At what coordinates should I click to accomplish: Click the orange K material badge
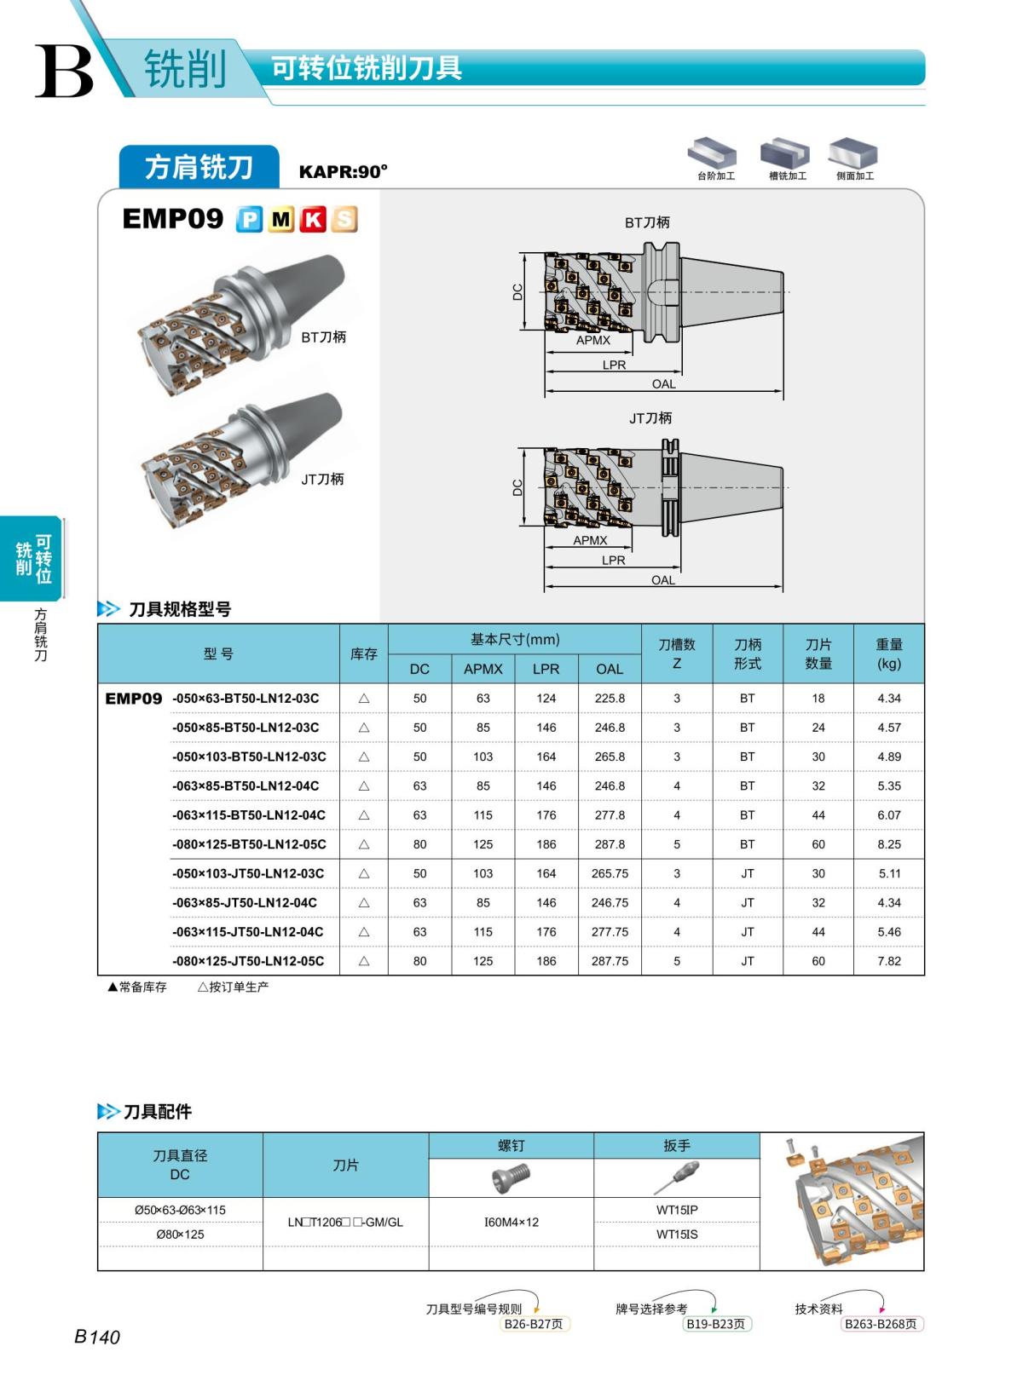click(x=313, y=220)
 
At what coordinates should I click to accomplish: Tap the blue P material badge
click(x=249, y=220)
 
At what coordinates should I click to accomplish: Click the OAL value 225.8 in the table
click(x=610, y=698)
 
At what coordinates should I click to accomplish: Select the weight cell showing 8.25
click(x=888, y=844)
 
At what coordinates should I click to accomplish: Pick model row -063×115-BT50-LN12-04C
click(x=249, y=815)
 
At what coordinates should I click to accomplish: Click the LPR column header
click(x=546, y=669)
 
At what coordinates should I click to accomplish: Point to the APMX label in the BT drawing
click(x=593, y=340)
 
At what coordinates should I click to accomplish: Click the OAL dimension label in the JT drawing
click(x=662, y=580)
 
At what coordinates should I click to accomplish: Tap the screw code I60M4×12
click(x=511, y=1223)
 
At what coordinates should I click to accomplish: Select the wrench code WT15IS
click(x=677, y=1234)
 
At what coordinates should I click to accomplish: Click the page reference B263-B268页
click(x=881, y=1324)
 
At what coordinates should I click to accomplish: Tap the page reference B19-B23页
click(x=715, y=1324)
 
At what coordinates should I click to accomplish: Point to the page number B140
click(x=97, y=1337)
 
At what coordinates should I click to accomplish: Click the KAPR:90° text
click(x=343, y=172)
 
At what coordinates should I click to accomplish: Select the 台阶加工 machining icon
click(x=714, y=157)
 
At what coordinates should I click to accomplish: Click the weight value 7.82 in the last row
click(x=888, y=961)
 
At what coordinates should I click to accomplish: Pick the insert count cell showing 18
click(x=818, y=698)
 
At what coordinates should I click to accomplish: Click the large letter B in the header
click(x=64, y=72)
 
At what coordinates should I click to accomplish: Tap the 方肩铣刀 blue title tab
click(x=199, y=167)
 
